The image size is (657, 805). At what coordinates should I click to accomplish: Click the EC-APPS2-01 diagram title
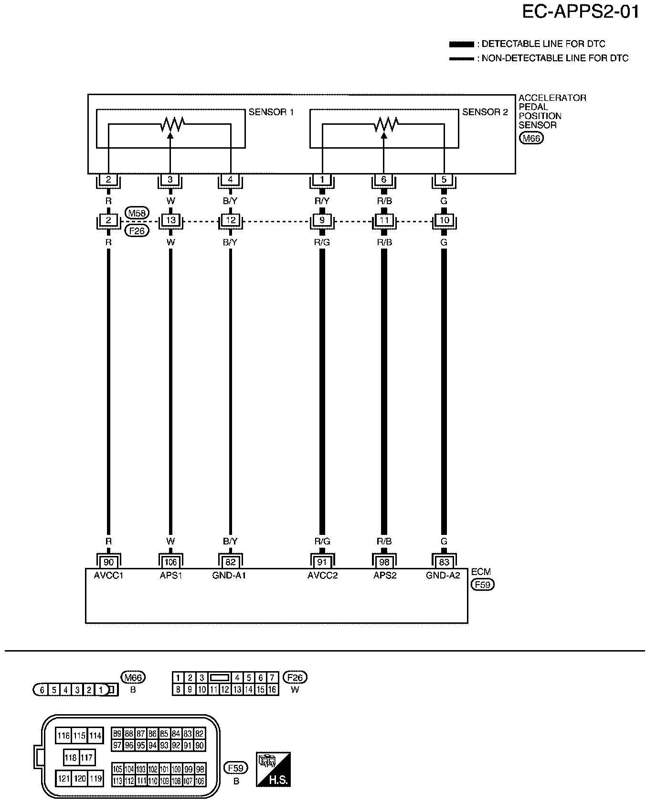[580, 11]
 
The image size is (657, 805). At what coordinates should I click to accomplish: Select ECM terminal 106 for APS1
[170, 562]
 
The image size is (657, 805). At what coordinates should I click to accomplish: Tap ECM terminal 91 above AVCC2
[322, 562]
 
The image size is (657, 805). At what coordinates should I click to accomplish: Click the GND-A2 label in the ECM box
[443, 576]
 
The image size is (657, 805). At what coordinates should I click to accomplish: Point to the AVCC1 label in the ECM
[108, 576]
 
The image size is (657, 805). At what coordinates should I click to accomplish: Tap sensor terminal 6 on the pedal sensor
[384, 180]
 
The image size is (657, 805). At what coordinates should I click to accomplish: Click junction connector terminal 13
[170, 221]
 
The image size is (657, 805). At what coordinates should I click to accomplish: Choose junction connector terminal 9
[322, 221]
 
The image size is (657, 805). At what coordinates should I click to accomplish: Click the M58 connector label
[136, 213]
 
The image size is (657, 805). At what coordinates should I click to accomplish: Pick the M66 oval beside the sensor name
[531, 139]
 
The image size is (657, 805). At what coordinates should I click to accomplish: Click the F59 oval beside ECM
[482, 585]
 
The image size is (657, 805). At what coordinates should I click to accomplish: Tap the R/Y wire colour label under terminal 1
[322, 201]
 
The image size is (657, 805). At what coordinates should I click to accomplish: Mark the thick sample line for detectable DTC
[461, 44]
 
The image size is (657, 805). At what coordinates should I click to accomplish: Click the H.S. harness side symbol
[274, 770]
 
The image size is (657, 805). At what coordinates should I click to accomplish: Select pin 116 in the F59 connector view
[64, 736]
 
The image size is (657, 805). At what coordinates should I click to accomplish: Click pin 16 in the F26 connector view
[272, 689]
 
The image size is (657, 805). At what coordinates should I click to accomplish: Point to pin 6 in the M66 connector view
[42, 690]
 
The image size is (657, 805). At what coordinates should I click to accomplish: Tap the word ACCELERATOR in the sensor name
[552, 98]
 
